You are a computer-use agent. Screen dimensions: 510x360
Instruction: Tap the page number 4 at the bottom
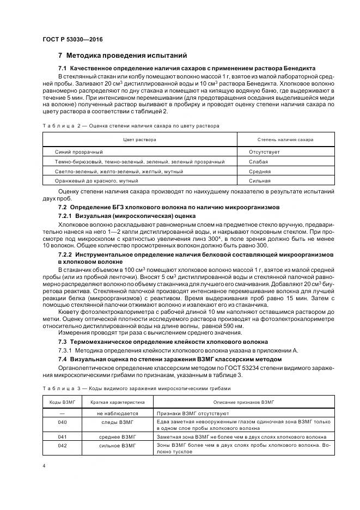(44, 466)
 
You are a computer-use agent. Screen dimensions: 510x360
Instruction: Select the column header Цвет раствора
(139, 139)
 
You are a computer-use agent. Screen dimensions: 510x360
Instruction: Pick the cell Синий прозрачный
(79, 152)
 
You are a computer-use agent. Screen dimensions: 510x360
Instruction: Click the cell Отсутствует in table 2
(264, 152)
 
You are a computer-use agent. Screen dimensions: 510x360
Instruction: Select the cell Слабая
(259, 162)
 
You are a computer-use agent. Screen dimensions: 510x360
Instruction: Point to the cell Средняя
(260, 171)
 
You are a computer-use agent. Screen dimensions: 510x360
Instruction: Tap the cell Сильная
(260, 180)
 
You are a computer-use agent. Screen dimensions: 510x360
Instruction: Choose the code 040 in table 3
(62, 422)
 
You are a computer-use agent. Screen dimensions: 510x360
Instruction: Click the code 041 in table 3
(62, 437)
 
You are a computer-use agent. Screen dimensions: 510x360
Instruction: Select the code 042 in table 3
(62, 446)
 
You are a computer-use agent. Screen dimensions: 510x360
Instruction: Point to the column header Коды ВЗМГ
(62, 402)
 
